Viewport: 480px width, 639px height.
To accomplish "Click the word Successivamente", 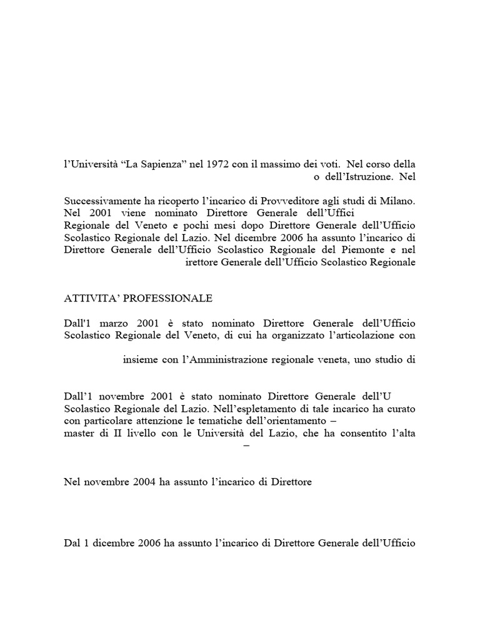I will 102,202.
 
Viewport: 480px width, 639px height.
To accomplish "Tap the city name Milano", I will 397,202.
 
